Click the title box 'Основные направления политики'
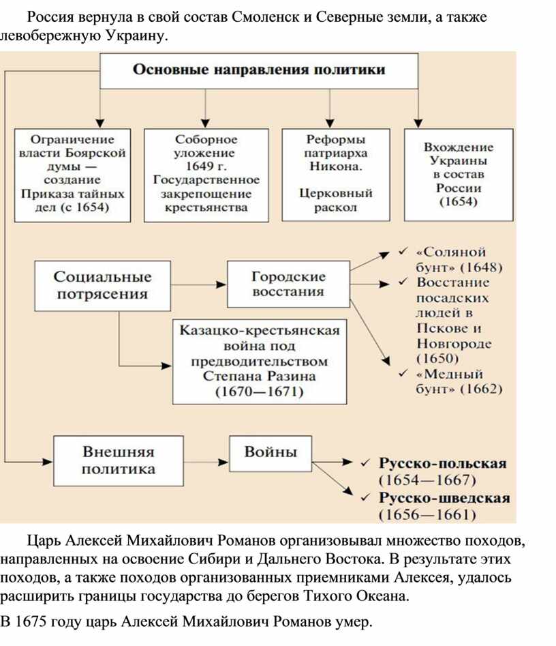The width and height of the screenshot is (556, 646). [260, 71]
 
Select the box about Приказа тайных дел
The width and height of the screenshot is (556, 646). [72, 175]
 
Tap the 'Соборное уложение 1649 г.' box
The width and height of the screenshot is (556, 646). [206, 175]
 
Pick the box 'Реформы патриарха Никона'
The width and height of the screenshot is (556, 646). [336, 175]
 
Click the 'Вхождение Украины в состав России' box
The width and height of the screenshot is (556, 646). [459, 175]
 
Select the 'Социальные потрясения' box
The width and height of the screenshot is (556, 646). [102, 286]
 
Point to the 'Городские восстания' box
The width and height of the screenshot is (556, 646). [288, 284]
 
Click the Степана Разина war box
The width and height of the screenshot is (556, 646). [260, 362]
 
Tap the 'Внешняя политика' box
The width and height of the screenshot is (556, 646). [119, 461]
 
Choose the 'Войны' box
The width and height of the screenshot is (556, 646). [271, 454]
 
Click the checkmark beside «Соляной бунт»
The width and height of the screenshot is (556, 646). [403, 251]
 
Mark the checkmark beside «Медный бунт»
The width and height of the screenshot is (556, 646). [403, 373]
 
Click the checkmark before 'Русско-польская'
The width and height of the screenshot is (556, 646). [365, 463]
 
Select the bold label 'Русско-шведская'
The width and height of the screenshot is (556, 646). [444, 498]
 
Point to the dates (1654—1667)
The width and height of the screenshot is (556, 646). [427, 480]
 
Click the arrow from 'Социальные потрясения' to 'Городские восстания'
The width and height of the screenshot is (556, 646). [199, 284]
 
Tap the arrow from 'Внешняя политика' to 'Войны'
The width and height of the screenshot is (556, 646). [206, 462]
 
